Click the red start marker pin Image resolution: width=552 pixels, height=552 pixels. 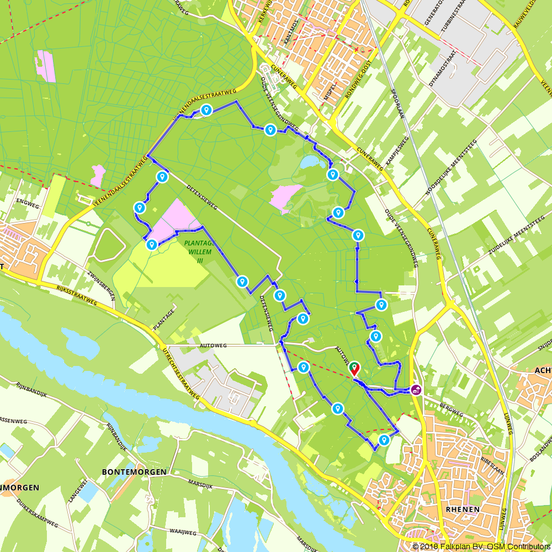pyautogui.click(x=354, y=369)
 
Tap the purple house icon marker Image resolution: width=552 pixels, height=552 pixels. pyautogui.click(x=415, y=390)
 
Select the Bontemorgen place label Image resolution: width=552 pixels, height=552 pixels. pyautogui.click(x=134, y=472)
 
